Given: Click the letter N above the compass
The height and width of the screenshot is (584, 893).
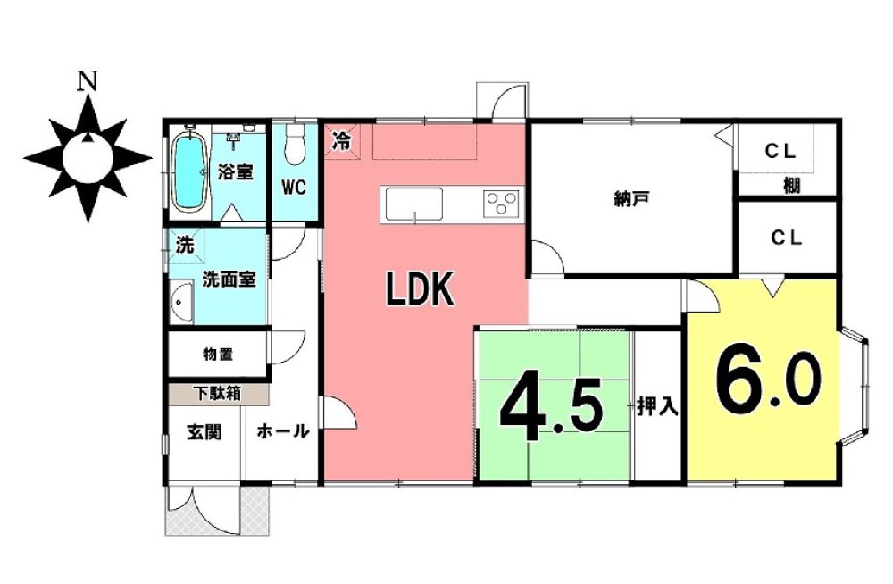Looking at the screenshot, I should (87, 81).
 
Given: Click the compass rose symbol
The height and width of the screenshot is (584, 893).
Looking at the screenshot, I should (88, 159).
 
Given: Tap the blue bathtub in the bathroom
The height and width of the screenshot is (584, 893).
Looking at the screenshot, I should (188, 171).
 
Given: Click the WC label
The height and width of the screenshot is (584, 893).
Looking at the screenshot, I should (295, 188).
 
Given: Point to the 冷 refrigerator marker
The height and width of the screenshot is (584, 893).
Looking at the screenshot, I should (341, 140).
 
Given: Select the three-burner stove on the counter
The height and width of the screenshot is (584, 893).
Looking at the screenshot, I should (502, 204).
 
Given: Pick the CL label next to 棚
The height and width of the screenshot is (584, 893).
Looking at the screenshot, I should (779, 153).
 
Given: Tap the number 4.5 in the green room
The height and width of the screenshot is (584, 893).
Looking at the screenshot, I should (554, 409).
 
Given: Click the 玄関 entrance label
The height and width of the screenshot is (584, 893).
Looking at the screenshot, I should (204, 432).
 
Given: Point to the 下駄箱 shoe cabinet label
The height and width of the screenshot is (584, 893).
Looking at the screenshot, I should (215, 392).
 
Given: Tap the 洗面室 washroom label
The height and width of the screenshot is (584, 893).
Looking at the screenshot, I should (229, 279).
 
